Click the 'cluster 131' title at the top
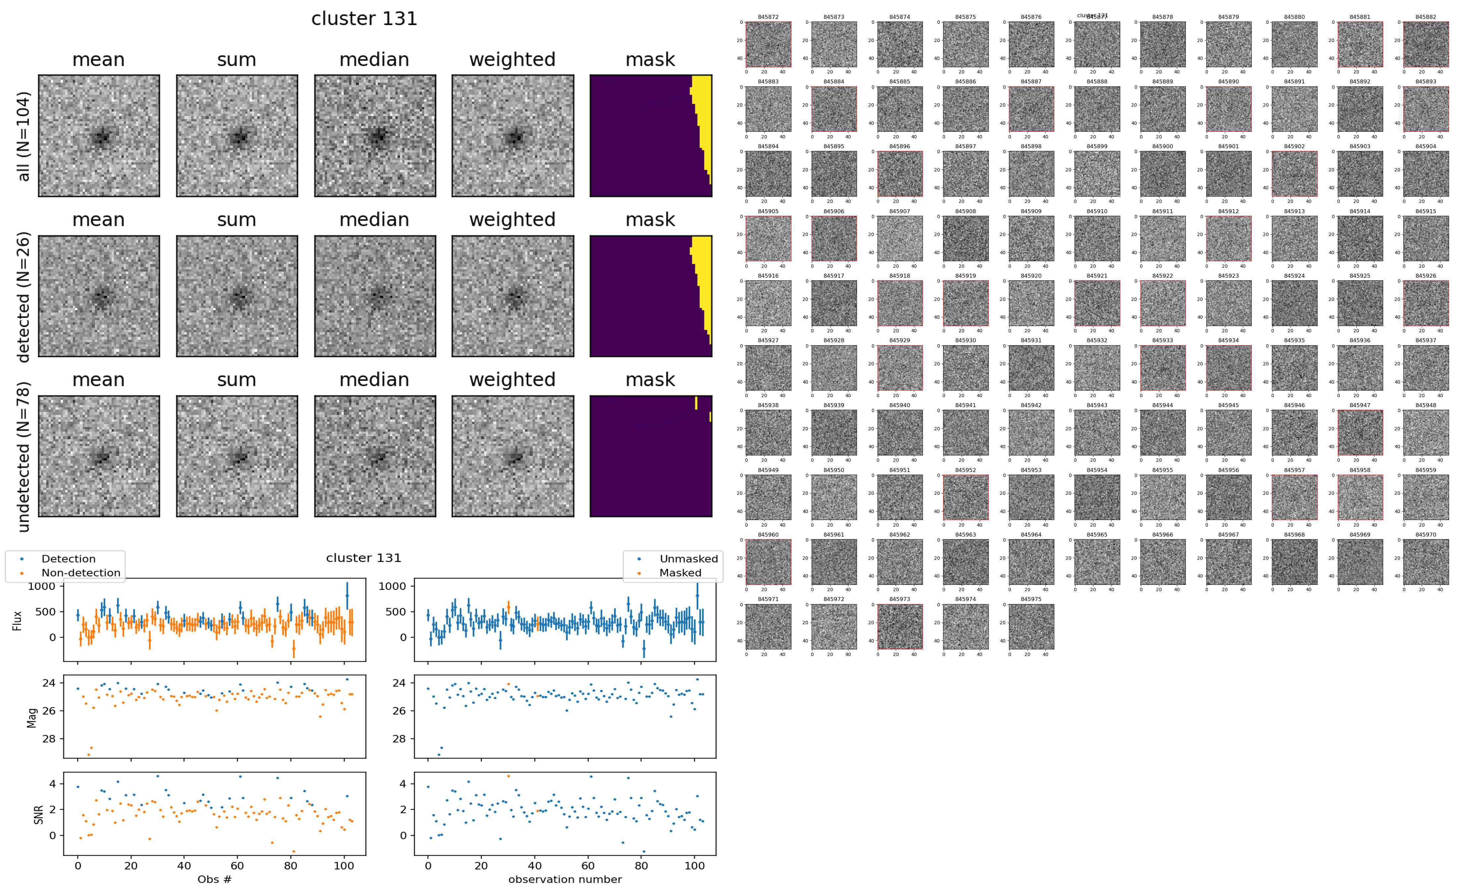point(364,19)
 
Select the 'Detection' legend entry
point(68,559)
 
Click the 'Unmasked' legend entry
point(688,559)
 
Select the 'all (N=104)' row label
point(24,136)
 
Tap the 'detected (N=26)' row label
point(24,297)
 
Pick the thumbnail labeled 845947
point(1360,432)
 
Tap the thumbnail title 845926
point(1426,276)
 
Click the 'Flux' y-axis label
point(18,620)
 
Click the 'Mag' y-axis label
point(32,717)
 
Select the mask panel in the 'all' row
point(651,136)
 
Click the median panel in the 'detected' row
point(375,296)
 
